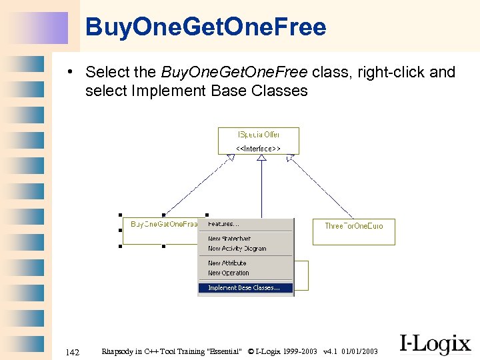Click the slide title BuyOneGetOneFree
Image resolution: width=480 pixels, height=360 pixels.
click(206, 27)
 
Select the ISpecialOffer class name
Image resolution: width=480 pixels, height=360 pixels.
click(259, 135)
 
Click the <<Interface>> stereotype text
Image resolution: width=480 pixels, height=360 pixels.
click(259, 148)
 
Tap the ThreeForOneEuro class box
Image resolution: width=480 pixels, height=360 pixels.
click(353, 226)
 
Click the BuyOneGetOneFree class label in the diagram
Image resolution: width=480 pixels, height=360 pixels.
click(163, 225)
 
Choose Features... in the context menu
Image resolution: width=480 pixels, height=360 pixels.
click(223, 224)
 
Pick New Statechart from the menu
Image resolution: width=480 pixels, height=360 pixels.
click(229, 239)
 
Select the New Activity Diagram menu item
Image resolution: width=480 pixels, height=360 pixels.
click(237, 249)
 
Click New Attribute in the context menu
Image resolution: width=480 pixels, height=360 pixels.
click(227, 263)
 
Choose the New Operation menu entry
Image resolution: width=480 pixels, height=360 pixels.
click(228, 273)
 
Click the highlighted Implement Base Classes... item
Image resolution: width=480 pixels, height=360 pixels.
click(245, 288)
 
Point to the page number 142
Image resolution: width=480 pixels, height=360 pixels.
click(73, 351)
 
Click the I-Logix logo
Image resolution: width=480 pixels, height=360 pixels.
click(435, 343)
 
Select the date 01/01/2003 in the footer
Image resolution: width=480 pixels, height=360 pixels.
click(360, 351)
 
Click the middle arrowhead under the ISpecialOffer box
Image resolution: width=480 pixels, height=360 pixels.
click(261, 158)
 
